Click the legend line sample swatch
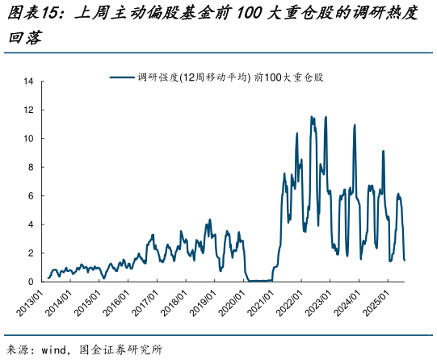(x=122, y=77)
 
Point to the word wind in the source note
(x=60, y=350)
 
